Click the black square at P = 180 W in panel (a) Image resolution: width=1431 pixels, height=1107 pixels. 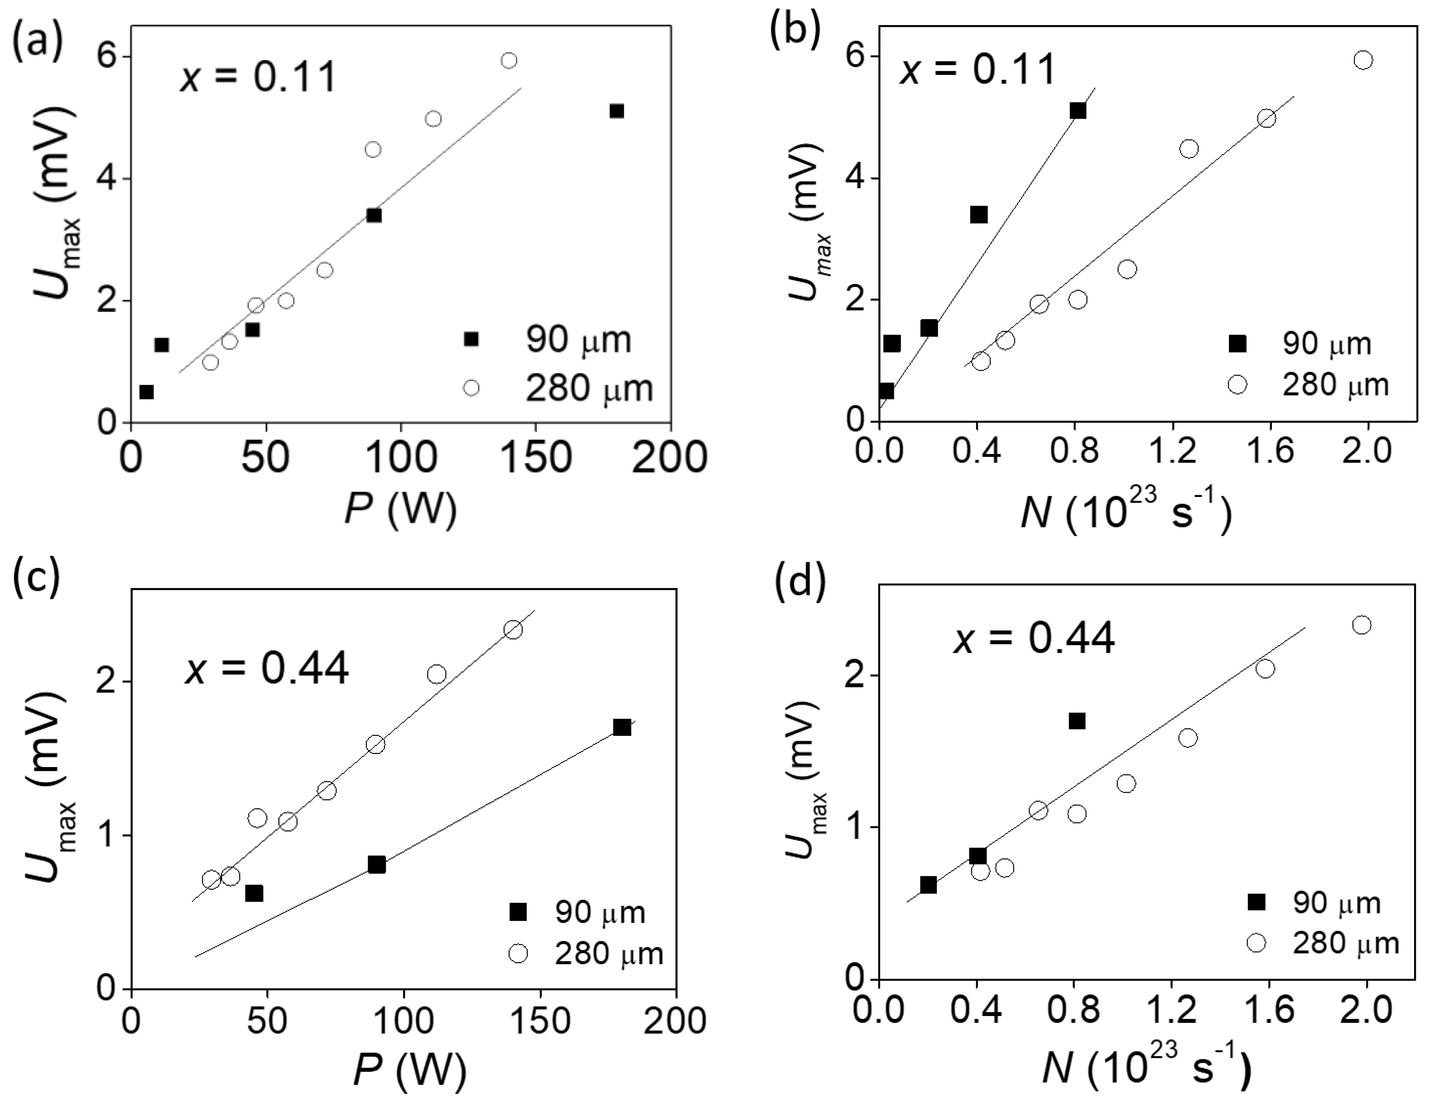tap(616, 111)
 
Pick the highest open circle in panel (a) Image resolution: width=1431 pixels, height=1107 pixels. tap(509, 60)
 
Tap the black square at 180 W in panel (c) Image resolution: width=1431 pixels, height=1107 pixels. tap(622, 728)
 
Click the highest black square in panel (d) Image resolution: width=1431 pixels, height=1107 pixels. tap(1076, 722)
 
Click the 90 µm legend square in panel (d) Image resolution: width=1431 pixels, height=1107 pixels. tap(1256, 902)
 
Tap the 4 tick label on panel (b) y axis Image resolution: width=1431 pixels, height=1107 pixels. tap(854, 178)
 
